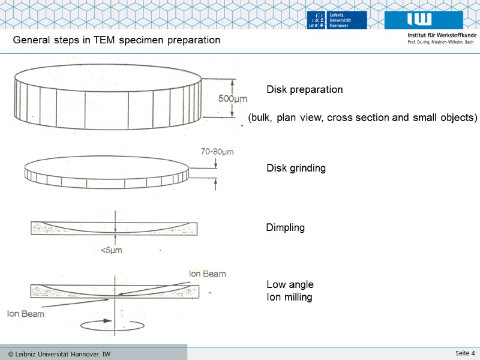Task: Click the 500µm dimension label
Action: click(x=233, y=99)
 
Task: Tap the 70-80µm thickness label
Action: click(x=217, y=152)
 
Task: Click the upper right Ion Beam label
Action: click(x=208, y=274)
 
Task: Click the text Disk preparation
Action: click(x=305, y=89)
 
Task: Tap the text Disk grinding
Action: click(x=296, y=169)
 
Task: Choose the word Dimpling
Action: click(x=286, y=228)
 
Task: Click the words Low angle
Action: click(x=290, y=284)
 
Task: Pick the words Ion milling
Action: click(x=289, y=297)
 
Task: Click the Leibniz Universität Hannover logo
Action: click(x=337, y=19)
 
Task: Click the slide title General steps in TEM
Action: click(x=117, y=40)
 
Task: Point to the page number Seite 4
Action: click(x=465, y=353)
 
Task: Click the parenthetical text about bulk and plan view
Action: click(x=362, y=118)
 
